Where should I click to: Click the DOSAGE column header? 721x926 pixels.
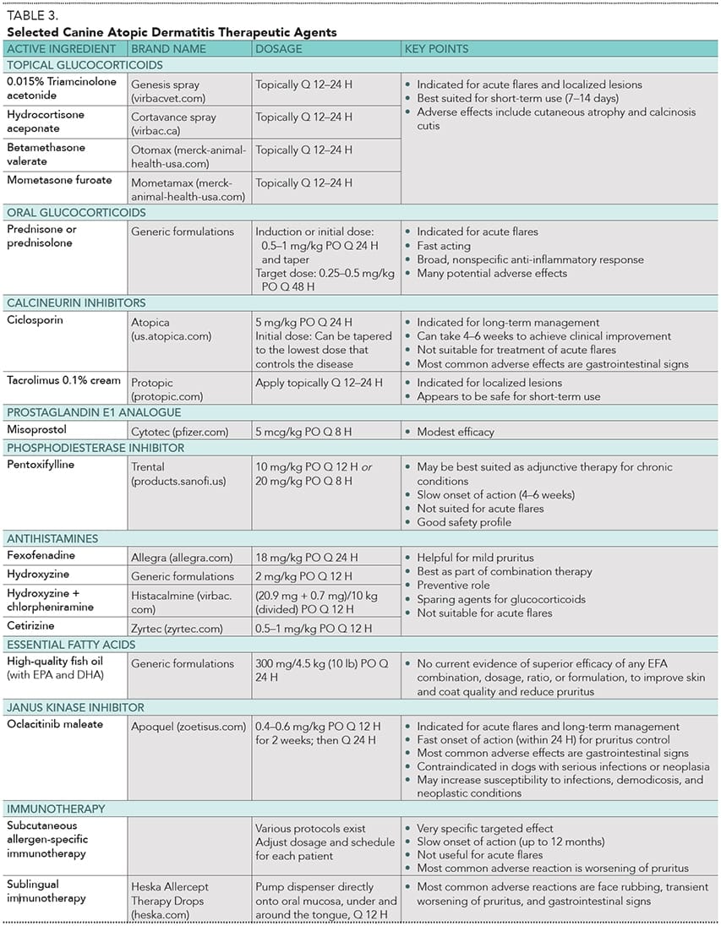click(x=279, y=49)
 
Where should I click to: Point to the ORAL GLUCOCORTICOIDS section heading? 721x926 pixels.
click(x=76, y=212)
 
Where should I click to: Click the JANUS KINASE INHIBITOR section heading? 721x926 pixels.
click(x=75, y=707)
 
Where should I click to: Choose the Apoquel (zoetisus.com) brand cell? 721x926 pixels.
click(x=188, y=726)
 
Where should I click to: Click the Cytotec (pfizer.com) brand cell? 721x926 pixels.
click(x=179, y=432)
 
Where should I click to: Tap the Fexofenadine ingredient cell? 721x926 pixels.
click(x=41, y=556)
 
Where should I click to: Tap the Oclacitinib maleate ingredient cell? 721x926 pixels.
click(x=55, y=724)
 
